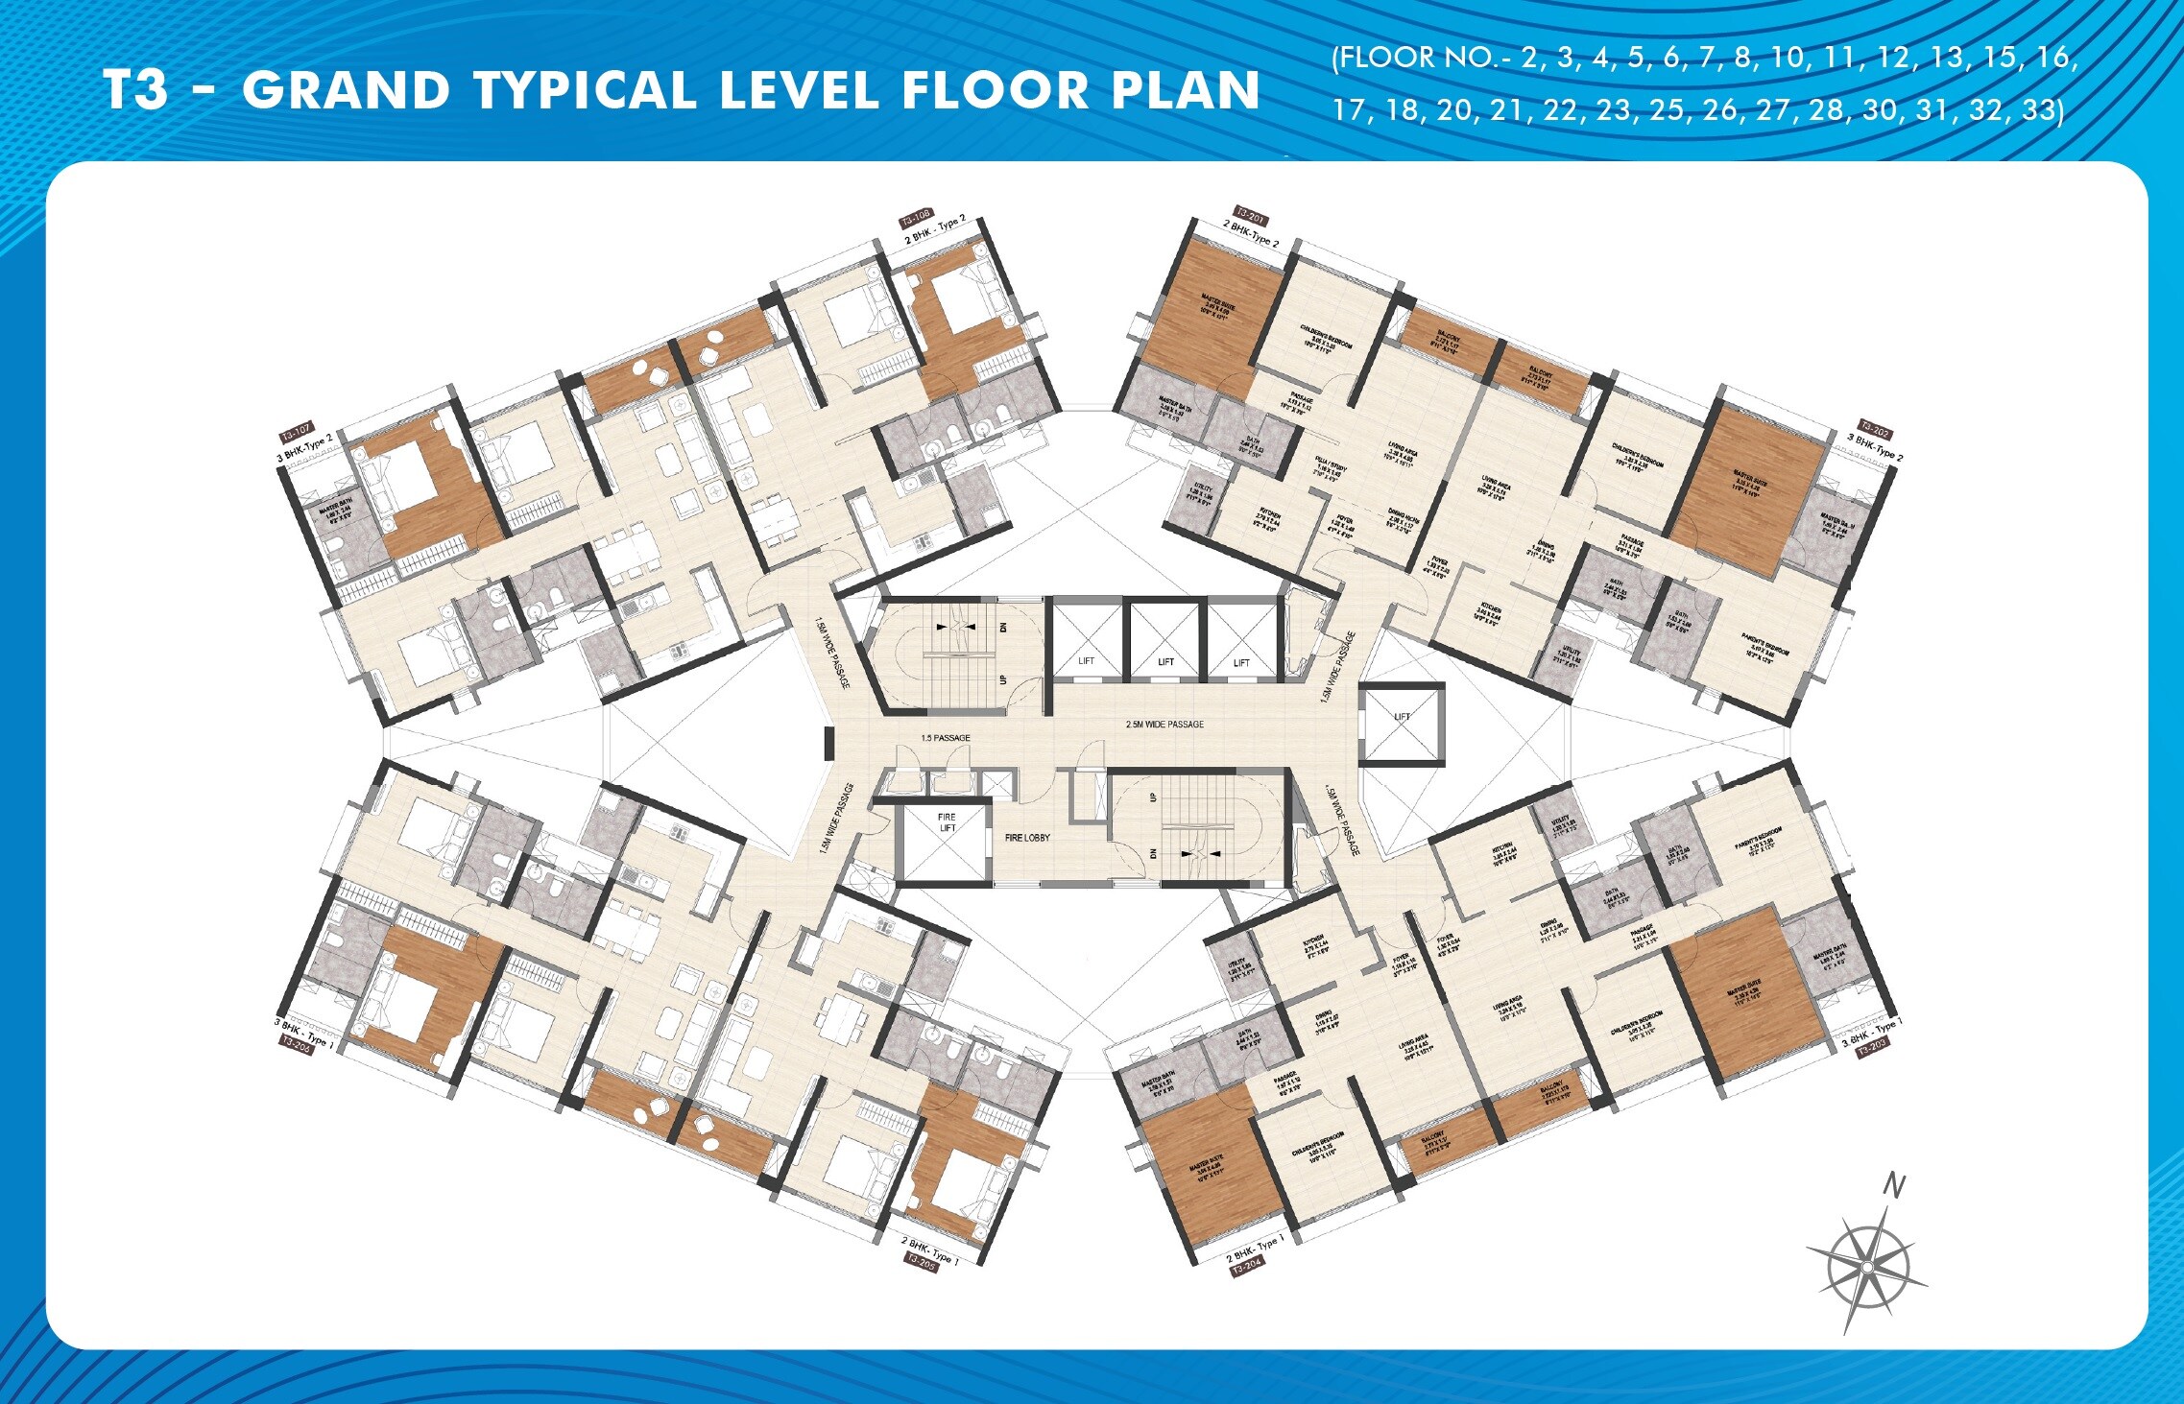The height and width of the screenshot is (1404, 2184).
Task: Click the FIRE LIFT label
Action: pyautogui.click(x=947, y=822)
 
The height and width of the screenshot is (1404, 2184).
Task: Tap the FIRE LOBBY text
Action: pyautogui.click(x=1027, y=838)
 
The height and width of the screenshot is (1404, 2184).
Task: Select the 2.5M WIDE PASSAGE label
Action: pyautogui.click(x=1164, y=725)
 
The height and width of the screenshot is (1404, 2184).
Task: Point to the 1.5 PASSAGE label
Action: pyautogui.click(x=945, y=738)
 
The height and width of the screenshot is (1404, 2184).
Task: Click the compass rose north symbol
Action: pyautogui.click(x=1866, y=1267)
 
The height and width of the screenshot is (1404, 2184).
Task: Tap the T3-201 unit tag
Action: pyautogui.click(x=1249, y=216)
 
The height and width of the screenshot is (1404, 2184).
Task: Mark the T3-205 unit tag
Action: pyautogui.click(x=921, y=1261)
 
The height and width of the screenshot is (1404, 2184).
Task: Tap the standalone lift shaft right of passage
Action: pyautogui.click(x=1402, y=724)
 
